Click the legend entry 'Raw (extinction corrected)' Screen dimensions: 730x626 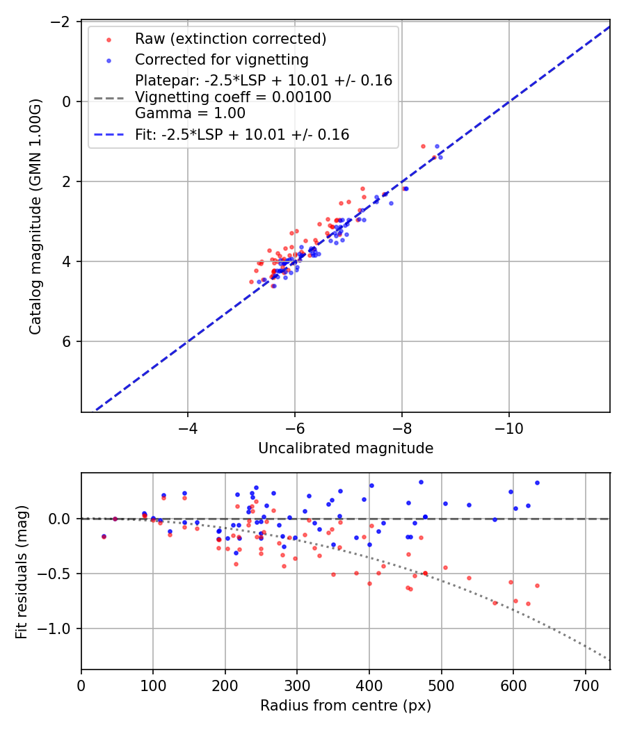230,38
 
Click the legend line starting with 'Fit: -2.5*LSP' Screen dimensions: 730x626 242,135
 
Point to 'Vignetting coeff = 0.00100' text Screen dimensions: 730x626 233,97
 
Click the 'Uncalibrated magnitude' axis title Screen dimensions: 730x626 346,448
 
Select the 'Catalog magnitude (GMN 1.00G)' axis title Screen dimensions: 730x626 35,216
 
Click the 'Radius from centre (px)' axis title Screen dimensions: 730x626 346,706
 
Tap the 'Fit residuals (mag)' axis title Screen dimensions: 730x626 22,571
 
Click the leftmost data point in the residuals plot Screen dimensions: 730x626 104,536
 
